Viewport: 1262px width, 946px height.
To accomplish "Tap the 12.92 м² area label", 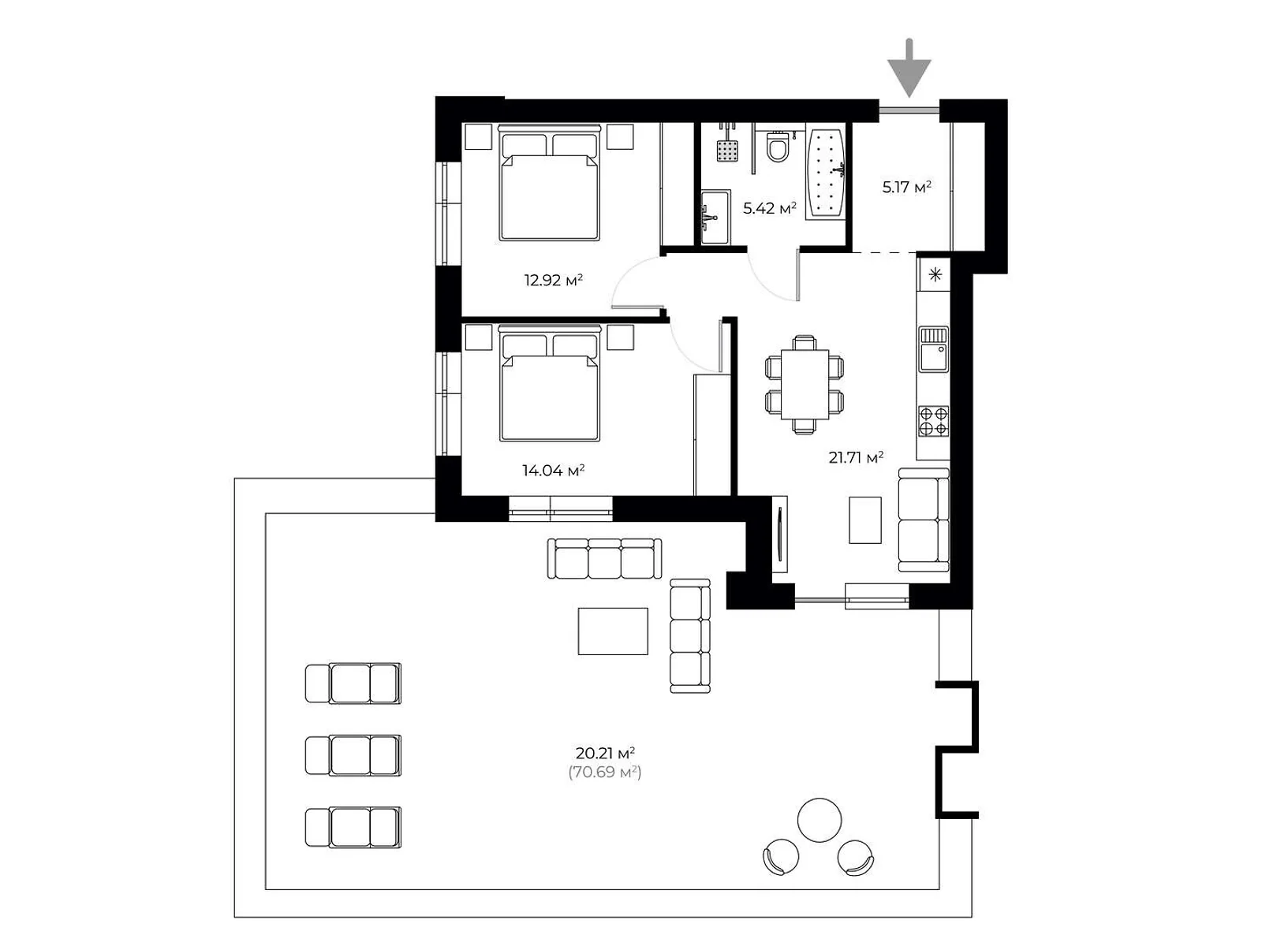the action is coord(553,281).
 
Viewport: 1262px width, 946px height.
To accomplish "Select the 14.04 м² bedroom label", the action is coord(553,471).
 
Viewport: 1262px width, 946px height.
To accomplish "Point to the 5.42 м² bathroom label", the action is coord(769,208).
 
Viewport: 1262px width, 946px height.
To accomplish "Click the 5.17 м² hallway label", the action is coord(907,187).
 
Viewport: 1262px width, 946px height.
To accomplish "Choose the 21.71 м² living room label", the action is coord(856,457).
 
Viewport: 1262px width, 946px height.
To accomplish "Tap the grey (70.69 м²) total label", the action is coord(605,772).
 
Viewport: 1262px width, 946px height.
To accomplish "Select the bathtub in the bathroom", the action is coord(826,173).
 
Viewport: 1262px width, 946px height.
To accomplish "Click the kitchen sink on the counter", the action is coord(933,349).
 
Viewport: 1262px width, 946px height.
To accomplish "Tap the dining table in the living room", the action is coord(805,384).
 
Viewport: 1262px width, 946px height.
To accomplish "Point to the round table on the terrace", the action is coord(820,820).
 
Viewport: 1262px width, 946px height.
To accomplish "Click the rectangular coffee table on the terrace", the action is coord(613,631).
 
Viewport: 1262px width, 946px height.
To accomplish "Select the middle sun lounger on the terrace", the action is coord(353,755).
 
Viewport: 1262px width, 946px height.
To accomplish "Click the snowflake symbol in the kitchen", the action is coord(935,274).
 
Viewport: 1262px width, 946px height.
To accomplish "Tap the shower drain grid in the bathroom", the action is coord(727,151).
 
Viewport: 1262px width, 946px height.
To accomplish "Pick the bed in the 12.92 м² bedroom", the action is coord(550,182).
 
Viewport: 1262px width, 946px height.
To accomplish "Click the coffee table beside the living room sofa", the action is coord(864,520).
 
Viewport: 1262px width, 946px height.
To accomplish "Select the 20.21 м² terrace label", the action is coord(605,752).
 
